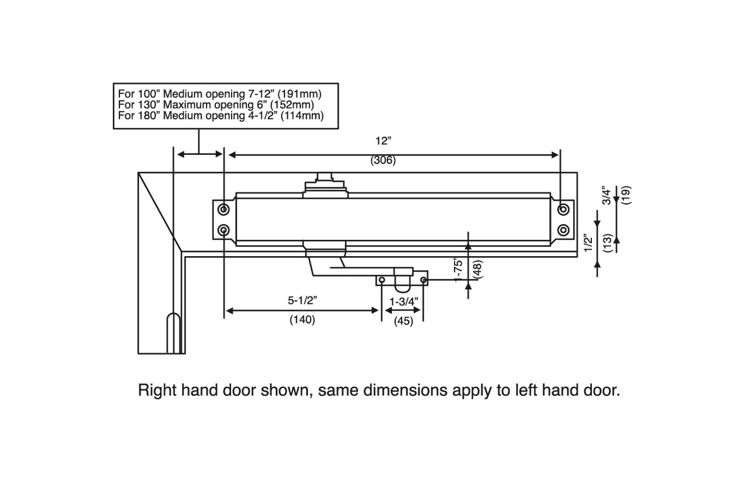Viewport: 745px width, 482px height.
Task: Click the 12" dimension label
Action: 384,141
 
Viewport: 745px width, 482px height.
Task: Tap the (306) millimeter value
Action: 383,161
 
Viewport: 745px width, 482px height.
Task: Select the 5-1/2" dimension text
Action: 302,301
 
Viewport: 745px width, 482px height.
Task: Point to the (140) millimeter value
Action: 302,320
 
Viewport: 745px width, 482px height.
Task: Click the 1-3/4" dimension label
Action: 403,302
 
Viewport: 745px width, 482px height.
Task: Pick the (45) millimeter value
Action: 403,321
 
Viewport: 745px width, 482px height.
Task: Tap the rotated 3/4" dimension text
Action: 607,196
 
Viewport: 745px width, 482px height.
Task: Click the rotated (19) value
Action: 626,195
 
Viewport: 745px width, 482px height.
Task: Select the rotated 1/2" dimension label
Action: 589,243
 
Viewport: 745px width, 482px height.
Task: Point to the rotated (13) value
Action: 607,243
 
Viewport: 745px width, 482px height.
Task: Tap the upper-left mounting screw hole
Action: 224,209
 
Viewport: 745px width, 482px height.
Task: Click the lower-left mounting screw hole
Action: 224,231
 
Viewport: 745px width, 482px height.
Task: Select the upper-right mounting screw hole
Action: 563,209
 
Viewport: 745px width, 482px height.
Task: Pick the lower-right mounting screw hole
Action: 563,231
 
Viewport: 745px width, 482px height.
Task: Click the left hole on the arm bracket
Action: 382,281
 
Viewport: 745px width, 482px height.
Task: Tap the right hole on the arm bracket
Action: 423,281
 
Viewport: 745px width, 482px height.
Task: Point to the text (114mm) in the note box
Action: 302,115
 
